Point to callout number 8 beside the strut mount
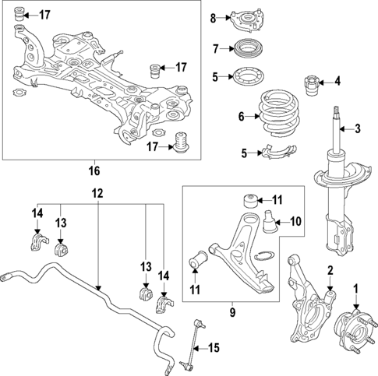[213, 18]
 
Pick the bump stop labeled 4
[316, 81]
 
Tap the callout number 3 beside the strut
[358, 128]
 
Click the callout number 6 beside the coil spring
[241, 118]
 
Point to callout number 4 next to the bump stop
[337, 79]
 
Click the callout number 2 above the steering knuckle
[330, 271]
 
